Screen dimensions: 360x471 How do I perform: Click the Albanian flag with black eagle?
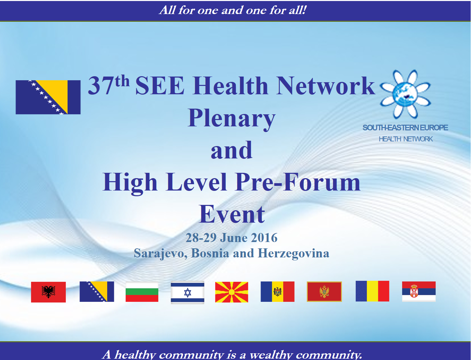(48, 292)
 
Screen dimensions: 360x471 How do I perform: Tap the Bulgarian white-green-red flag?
(142, 292)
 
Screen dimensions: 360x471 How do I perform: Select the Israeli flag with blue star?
(187, 292)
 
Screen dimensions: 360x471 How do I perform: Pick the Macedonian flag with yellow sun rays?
(231, 292)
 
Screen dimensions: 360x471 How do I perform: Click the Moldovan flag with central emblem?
(278, 292)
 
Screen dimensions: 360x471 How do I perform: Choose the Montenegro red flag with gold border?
(324, 292)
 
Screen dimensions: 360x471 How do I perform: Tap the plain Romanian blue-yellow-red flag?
(372, 291)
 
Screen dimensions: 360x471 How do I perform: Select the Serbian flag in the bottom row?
(419, 291)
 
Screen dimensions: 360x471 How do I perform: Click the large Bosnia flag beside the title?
(48, 97)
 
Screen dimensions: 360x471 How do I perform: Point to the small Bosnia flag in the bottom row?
(97, 291)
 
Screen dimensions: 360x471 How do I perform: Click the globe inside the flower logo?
(405, 95)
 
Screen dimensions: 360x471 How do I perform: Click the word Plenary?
(231, 118)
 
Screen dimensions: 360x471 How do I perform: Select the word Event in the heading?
(232, 214)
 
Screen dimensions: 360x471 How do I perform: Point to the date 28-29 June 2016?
(231, 238)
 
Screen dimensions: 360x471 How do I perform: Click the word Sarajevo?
(160, 253)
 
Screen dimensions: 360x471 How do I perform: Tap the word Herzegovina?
(294, 253)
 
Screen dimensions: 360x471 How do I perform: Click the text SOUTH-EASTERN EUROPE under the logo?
(405, 128)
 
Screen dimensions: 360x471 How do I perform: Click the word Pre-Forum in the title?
(298, 183)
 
